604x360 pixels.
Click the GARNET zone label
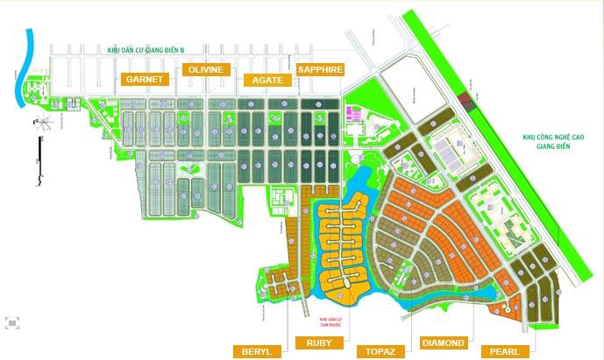point(147,79)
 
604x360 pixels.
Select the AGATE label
point(267,80)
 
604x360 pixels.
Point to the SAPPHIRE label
point(320,69)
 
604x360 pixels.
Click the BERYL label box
point(256,351)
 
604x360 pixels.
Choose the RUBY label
point(319,342)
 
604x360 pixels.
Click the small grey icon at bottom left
point(11,323)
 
